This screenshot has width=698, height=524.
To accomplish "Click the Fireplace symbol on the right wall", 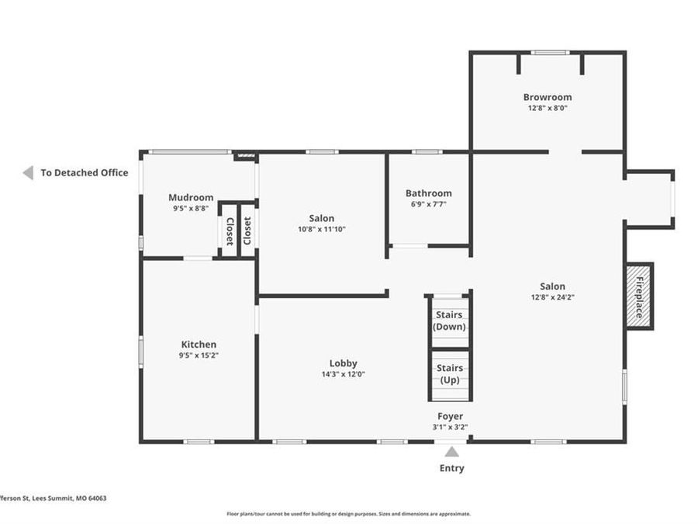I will point(639,296).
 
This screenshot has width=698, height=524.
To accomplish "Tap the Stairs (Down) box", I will point(450,321).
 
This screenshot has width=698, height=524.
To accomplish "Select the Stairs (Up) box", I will point(450,373).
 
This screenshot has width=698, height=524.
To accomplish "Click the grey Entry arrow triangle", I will point(451,451).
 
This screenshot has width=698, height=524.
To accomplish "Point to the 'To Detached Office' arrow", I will point(28,172).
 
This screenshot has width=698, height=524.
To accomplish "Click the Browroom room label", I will point(547,97).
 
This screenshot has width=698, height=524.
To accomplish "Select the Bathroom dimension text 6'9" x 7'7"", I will point(428,204).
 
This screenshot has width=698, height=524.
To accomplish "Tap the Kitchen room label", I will point(199,345).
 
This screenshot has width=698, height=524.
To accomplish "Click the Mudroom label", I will point(191,198).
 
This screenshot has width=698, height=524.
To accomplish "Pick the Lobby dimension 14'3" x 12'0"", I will point(343,374).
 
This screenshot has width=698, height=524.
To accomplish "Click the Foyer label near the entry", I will point(450,416).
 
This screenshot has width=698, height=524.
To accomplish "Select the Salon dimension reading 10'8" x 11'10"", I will point(322,229).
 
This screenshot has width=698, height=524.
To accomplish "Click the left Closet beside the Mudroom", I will point(230,231).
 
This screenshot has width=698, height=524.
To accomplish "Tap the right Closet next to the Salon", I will point(247,231).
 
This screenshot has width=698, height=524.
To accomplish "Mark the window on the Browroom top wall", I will point(550,53).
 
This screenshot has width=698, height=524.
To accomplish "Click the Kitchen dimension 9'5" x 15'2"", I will point(199,356).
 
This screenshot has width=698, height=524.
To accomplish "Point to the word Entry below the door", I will point(451,468).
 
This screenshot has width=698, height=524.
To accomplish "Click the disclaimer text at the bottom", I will point(348,513).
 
